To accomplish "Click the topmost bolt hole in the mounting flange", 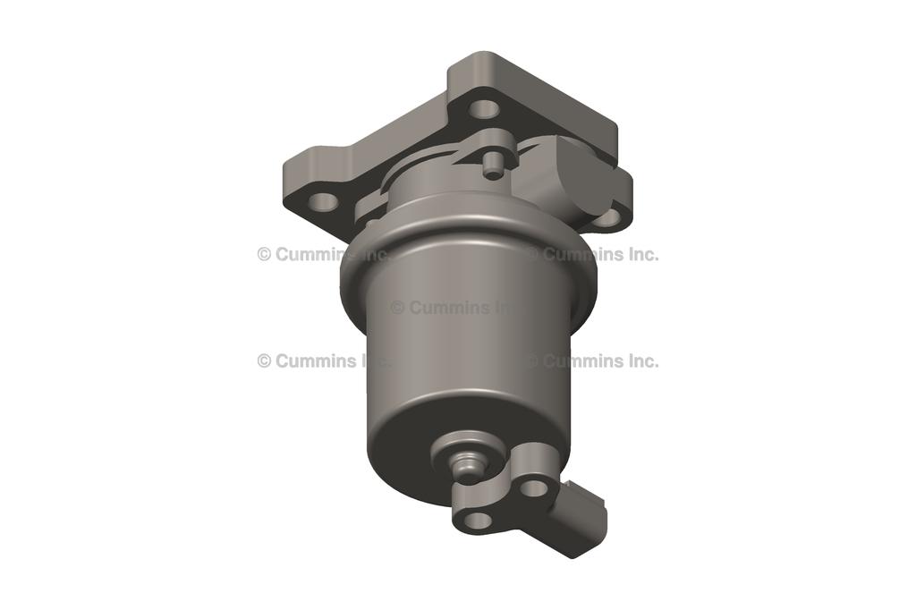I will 484,109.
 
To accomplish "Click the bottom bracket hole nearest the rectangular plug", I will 534,487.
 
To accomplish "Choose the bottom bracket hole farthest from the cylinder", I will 478,520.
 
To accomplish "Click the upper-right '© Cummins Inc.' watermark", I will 592,254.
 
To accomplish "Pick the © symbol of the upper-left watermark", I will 264,254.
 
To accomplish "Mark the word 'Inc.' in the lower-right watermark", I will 640,360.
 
